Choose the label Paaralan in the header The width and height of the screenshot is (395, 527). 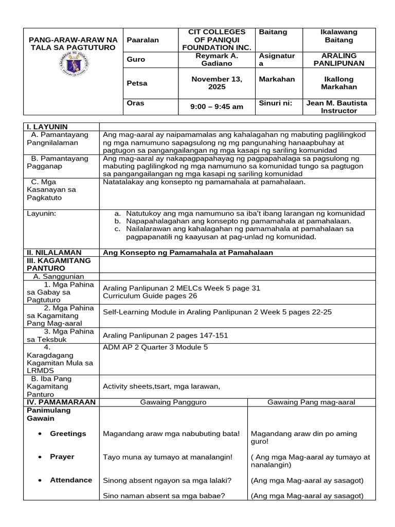coord(143,40)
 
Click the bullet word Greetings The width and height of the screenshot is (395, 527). coord(68,433)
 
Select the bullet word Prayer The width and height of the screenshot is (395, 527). coord(62,456)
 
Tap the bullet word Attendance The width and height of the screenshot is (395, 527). coord(71,480)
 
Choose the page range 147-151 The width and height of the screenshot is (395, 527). coord(209,335)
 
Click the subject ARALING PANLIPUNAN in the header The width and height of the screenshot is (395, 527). coord(338,59)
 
